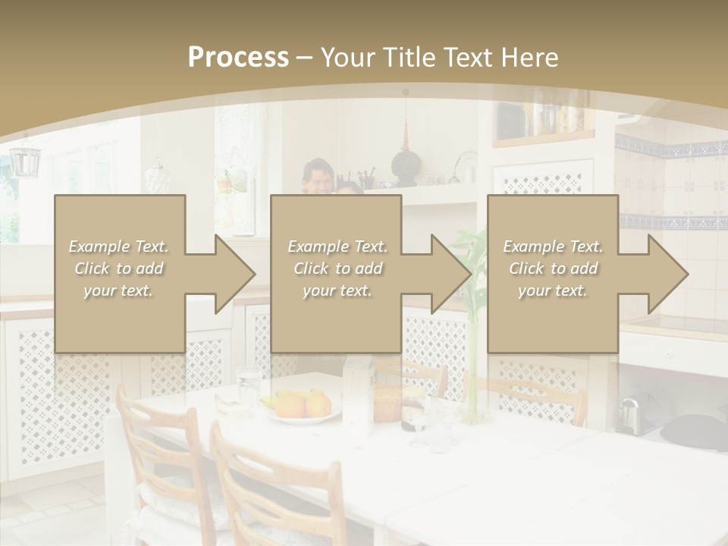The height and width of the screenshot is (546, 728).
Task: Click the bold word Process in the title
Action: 238,57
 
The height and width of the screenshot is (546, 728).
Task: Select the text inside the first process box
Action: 119,268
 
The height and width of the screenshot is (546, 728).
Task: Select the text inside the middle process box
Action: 337,268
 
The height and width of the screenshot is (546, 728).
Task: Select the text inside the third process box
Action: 553,268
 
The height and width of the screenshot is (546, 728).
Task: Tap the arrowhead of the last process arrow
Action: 667,274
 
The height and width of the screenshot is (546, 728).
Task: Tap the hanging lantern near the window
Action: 24,159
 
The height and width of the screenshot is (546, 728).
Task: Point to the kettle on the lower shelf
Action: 629,414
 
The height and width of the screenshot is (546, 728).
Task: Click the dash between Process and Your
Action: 304,58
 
